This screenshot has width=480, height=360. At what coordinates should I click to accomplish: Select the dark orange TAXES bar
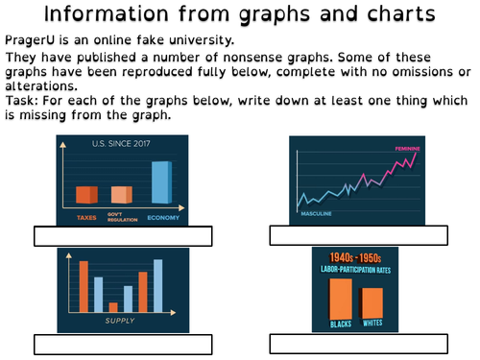tap(86, 195)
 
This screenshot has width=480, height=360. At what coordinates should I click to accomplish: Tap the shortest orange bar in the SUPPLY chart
tap(113, 307)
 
